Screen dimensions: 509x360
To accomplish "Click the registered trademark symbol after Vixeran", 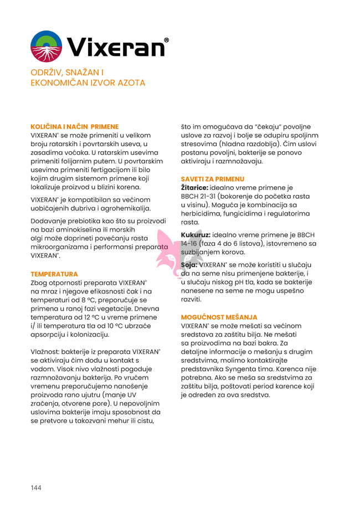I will [x=167, y=40].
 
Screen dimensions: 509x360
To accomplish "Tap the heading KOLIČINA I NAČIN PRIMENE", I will [x=74, y=126].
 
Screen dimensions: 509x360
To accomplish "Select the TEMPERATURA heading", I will [x=54, y=274].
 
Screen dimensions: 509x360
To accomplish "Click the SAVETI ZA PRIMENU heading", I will [x=213, y=179].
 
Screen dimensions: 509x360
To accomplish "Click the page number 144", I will [x=36, y=487].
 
